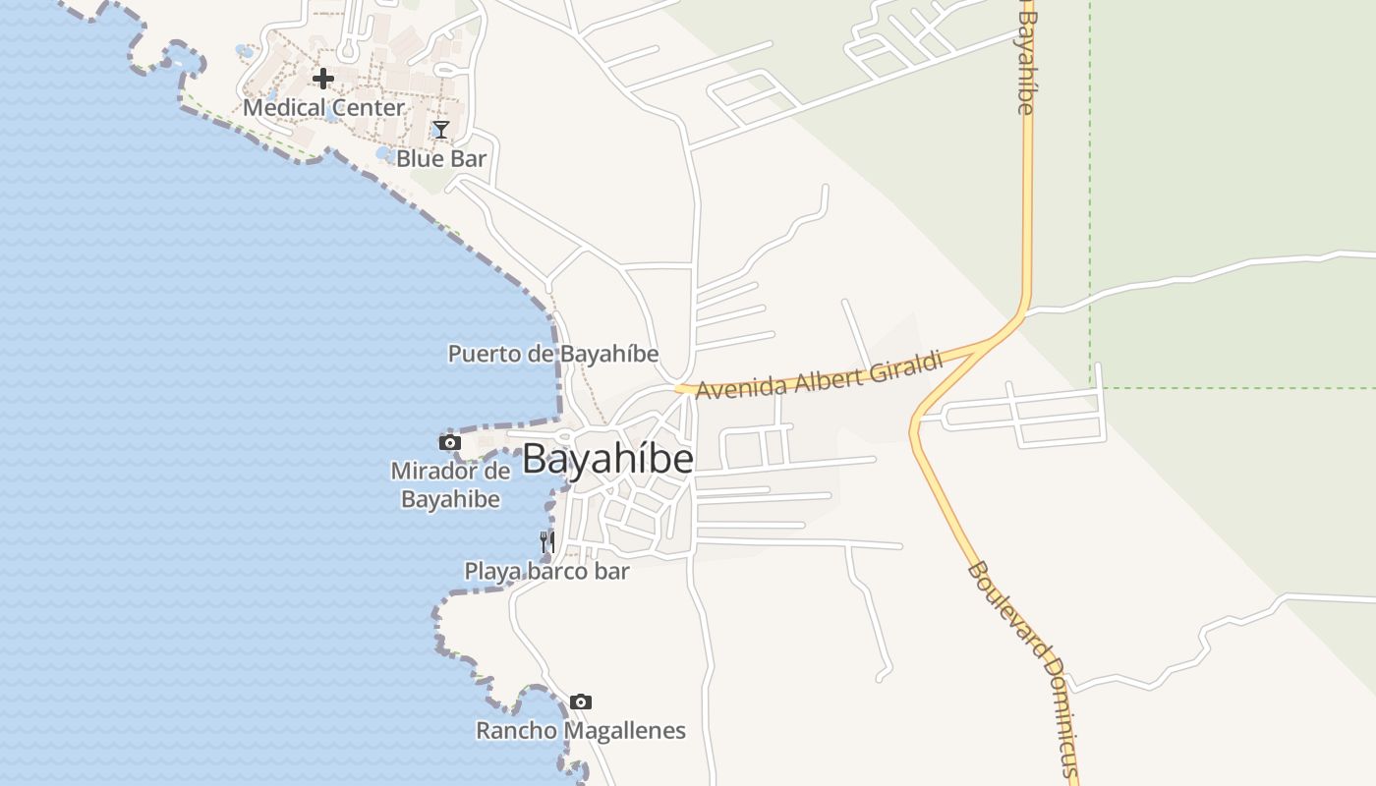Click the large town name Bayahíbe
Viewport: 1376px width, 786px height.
click(x=607, y=460)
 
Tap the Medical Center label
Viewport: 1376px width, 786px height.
click(x=323, y=107)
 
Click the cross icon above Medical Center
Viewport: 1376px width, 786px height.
click(x=323, y=79)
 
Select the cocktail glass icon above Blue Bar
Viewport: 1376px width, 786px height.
click(x=441, y=130)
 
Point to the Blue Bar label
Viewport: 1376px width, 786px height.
click(x=441, y=158)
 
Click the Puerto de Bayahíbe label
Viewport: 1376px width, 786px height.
click(x=553, y=354)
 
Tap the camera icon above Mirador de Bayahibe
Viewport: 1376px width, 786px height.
click(x=450, y=443)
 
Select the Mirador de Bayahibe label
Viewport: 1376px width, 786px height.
click(x=450, y=484)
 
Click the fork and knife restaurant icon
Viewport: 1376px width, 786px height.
click(x=547, y=541)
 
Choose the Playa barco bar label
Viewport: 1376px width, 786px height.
click(x=546, y=571)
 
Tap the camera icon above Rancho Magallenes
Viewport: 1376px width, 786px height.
click(x=581, y=702)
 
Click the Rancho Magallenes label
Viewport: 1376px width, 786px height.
click(x=581, y=731)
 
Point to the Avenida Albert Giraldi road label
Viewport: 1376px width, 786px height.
click(x=820, y=375)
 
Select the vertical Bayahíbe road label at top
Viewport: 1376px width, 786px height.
click(x=1026, y=61)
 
